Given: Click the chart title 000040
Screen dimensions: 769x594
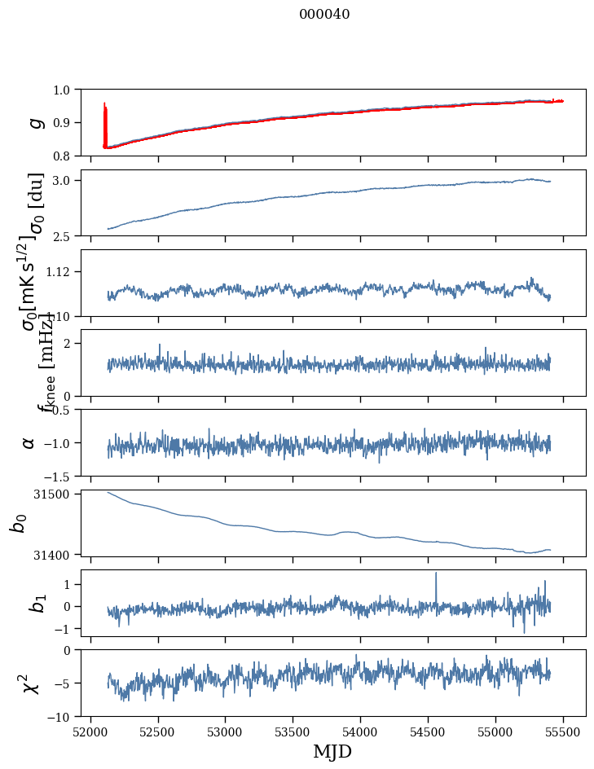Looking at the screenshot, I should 324,14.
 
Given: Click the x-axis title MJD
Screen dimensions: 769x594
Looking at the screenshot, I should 332,752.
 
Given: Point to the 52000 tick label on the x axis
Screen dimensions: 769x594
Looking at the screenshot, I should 90,730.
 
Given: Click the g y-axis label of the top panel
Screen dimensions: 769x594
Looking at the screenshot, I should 34,122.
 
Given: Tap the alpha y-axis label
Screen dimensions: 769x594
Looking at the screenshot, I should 29,442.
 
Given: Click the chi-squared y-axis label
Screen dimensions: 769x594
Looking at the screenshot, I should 32,683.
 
